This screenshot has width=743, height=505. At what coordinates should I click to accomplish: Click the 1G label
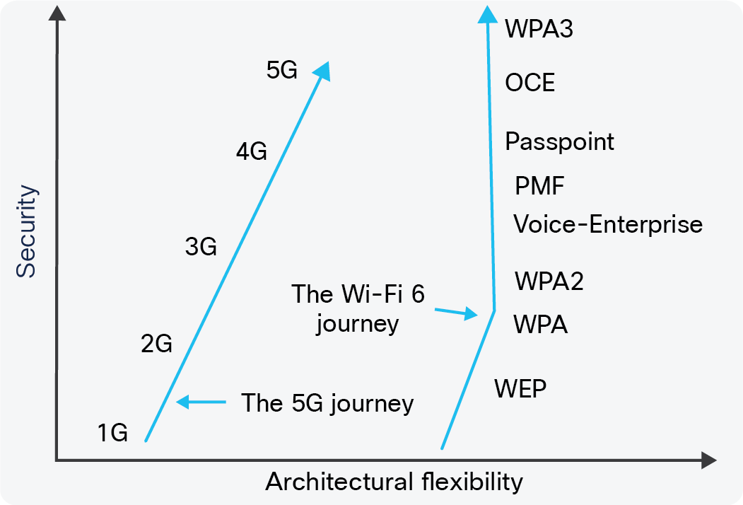113,433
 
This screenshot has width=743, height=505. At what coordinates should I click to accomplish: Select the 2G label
157,343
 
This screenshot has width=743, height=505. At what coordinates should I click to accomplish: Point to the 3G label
201,247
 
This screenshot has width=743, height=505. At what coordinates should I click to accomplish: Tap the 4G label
252,151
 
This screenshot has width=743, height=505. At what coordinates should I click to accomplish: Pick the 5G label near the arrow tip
282,70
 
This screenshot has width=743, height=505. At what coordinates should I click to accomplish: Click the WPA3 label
539,28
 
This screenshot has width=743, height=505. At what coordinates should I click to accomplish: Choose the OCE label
530,83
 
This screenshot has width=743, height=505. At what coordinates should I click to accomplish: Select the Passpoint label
560,141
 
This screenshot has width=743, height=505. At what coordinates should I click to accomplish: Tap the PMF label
539,185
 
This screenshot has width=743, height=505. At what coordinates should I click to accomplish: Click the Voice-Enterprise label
608,224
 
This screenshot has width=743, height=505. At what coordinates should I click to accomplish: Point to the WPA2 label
549,281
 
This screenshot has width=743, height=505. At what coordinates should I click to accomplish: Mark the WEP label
520,388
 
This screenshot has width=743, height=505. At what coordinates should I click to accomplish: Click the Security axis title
26,231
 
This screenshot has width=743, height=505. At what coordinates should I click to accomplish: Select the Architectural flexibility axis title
394,482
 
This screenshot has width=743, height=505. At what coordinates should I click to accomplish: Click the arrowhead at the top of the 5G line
322,71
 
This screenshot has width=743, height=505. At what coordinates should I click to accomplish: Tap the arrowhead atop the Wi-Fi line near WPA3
487,14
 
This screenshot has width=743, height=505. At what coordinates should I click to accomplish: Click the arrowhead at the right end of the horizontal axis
708,460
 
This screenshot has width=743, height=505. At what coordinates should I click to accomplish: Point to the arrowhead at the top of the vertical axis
57,13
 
